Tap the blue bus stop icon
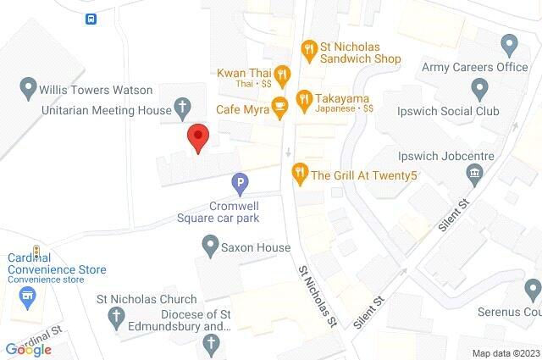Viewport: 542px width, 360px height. (90, 18)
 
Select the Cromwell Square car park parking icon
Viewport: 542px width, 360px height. (241, 182)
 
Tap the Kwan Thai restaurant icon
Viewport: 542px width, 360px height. (283, 73)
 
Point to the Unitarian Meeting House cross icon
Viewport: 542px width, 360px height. (180, 108)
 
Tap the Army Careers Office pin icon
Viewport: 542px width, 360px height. (509, 43)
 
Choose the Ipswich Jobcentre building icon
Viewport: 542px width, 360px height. (474, 174)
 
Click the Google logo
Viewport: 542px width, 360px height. (28, 349)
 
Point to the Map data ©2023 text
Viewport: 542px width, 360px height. (505, 352)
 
